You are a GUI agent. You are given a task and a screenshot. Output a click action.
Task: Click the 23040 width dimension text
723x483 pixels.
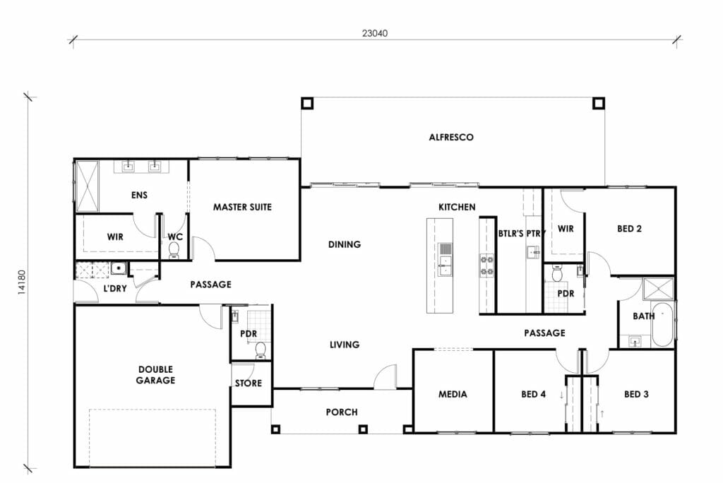(374, 32)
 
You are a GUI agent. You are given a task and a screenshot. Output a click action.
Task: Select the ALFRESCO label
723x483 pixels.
(451, 137)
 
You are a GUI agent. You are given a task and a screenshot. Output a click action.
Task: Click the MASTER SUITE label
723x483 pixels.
(242, 207)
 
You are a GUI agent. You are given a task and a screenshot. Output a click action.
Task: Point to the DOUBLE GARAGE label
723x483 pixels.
(156, 374)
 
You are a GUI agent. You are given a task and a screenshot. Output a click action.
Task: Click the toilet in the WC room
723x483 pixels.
(174, 249)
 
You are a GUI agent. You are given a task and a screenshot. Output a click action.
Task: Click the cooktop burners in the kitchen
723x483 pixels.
(486, 264)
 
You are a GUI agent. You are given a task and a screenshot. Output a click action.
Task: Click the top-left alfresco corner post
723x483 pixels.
(306, 103)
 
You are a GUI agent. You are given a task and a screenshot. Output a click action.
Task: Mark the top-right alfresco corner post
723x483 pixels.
(598, 103)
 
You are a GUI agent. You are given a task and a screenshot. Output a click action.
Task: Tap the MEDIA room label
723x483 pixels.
(453, 394)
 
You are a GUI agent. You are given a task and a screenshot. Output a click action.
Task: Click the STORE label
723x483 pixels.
(249, 383)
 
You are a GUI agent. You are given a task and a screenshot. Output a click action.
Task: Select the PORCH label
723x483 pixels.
(342, 412)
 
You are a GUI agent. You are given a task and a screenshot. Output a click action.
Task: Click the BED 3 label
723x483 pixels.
(636, 394)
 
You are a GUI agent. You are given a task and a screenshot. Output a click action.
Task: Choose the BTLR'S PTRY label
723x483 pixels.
(520, 232)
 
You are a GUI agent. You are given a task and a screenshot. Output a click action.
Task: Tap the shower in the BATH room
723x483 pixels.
(657, 290)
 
